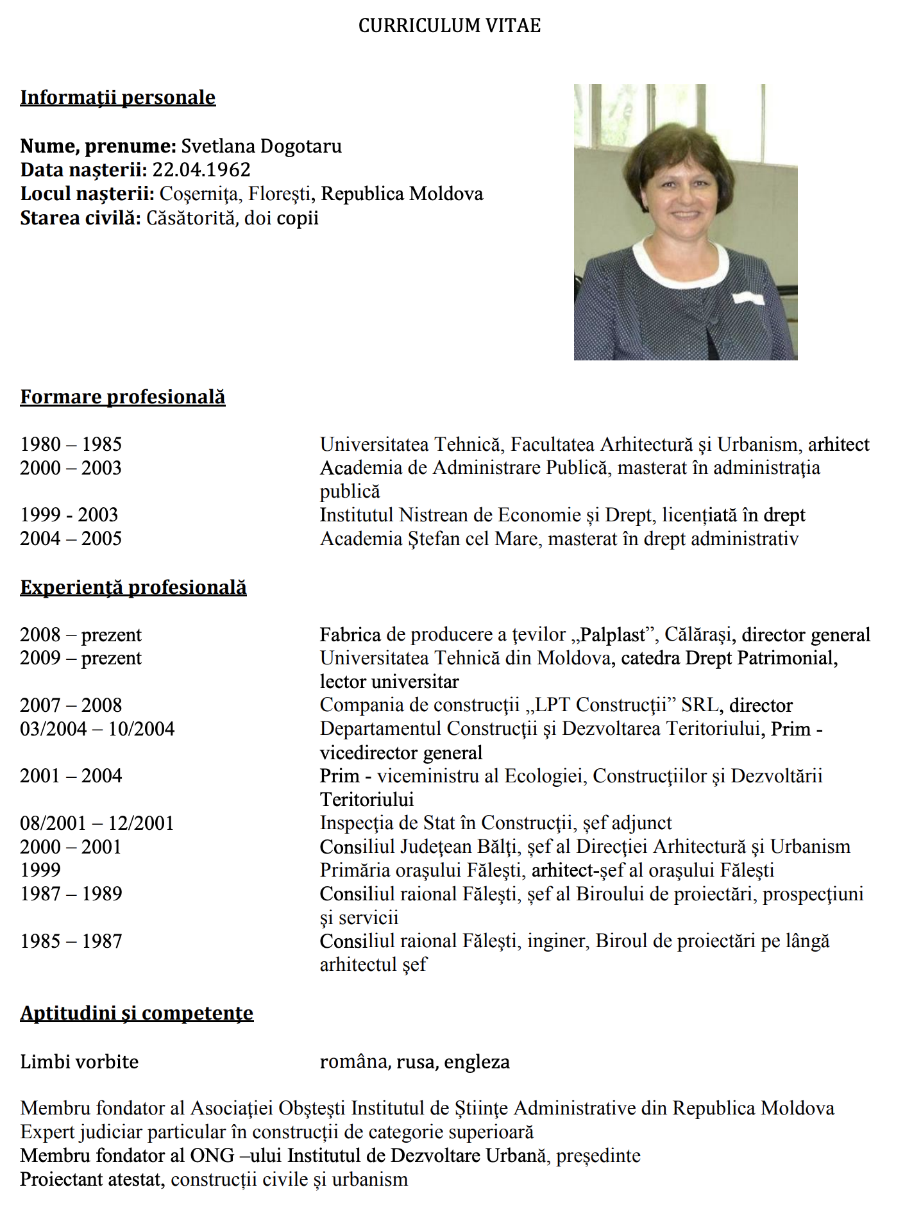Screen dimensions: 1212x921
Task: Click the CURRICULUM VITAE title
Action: coord(449,26)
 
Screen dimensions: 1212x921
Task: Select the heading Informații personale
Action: coord(118,97)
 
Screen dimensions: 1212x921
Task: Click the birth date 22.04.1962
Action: coord(201,170)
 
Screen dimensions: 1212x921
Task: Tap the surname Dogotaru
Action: coord(301,146)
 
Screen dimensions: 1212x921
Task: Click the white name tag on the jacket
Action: coord(748,298)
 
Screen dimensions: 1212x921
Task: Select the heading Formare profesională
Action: coord(123,397)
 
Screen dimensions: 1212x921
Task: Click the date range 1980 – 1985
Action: coord(71,444)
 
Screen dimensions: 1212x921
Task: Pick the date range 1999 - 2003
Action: coord(69,515)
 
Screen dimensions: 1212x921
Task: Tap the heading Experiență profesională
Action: coord(133,587)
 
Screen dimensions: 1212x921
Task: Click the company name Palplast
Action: coord(613,635)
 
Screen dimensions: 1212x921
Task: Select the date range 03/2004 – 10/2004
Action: coord(97,729)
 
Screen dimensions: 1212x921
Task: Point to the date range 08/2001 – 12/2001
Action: coord(97,823)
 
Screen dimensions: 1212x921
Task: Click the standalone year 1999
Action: coord(40,870)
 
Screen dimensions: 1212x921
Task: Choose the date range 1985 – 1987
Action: coord(71,941)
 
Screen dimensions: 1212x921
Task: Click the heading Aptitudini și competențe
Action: coord(137,1013)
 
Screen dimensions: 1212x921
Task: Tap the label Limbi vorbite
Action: coord(80,1062)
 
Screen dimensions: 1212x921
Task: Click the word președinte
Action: coord(598,1156)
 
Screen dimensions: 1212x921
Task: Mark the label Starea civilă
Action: coord(80,218)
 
